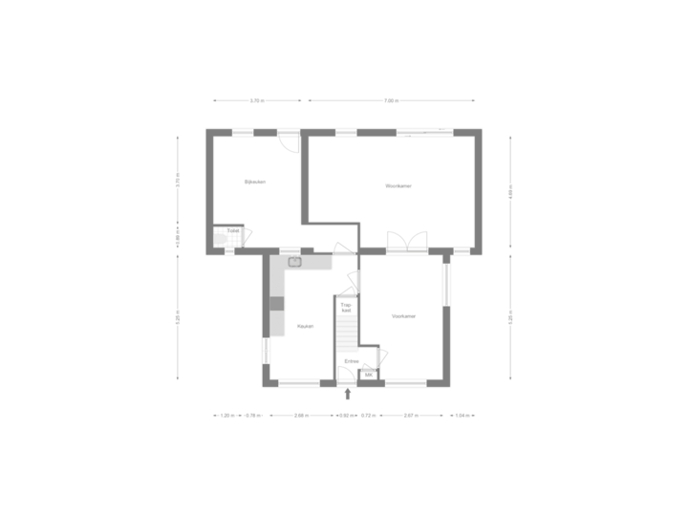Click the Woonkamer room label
pyautogui.click(x=398, y=185)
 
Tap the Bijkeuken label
pyautogui.click(x=254, y=182)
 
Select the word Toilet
pyautogui.click(x=232, y=230)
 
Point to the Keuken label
pyautogui.click(x=305, y=326)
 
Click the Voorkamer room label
pyautogui.click(x=403, y=315)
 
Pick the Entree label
pyautogui.click(x=352, y=360)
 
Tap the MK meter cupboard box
pyautogui.click(x=369, y=376)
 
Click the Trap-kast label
pyautogui.click(x=347, y=308)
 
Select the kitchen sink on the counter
pyautogui.click(x=295, y=260)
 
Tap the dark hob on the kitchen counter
pyautogui.click(x=277, y=304)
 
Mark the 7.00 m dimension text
pyautogui.click(x=392, y=100)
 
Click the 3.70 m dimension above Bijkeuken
pyautogui.click(x=256, y=100)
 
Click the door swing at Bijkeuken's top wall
pyautogui.click(x=289, y=140)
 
